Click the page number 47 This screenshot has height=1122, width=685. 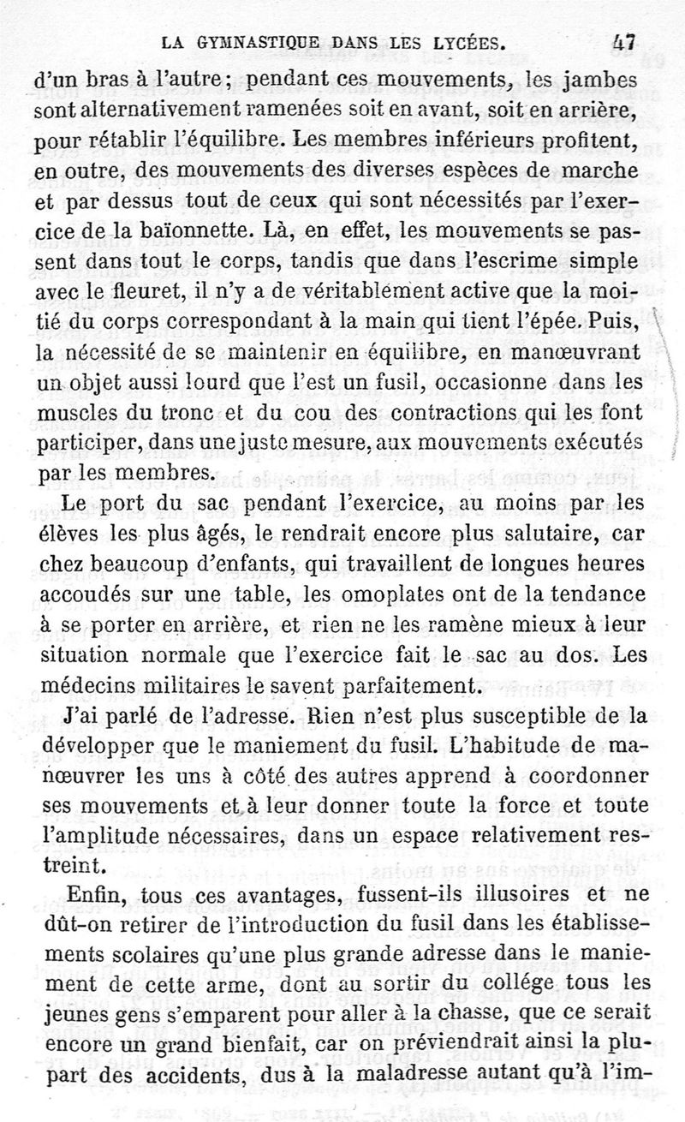[623, 40]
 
